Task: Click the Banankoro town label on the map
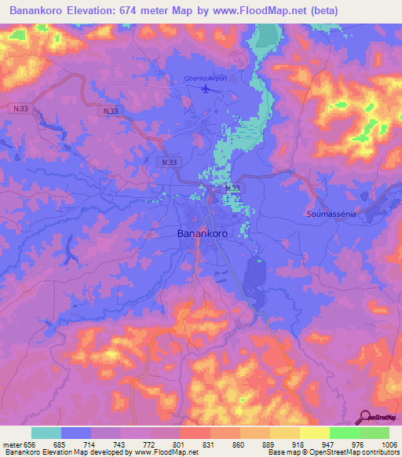point(202,234)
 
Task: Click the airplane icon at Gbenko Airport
point(206,89)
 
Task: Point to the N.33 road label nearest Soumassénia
point(232,189)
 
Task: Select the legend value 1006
point(389,444)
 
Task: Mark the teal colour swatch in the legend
point(46,433)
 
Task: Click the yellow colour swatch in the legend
point(314,433)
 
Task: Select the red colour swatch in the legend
point(195,433)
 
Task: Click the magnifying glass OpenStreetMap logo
point(366,417)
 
